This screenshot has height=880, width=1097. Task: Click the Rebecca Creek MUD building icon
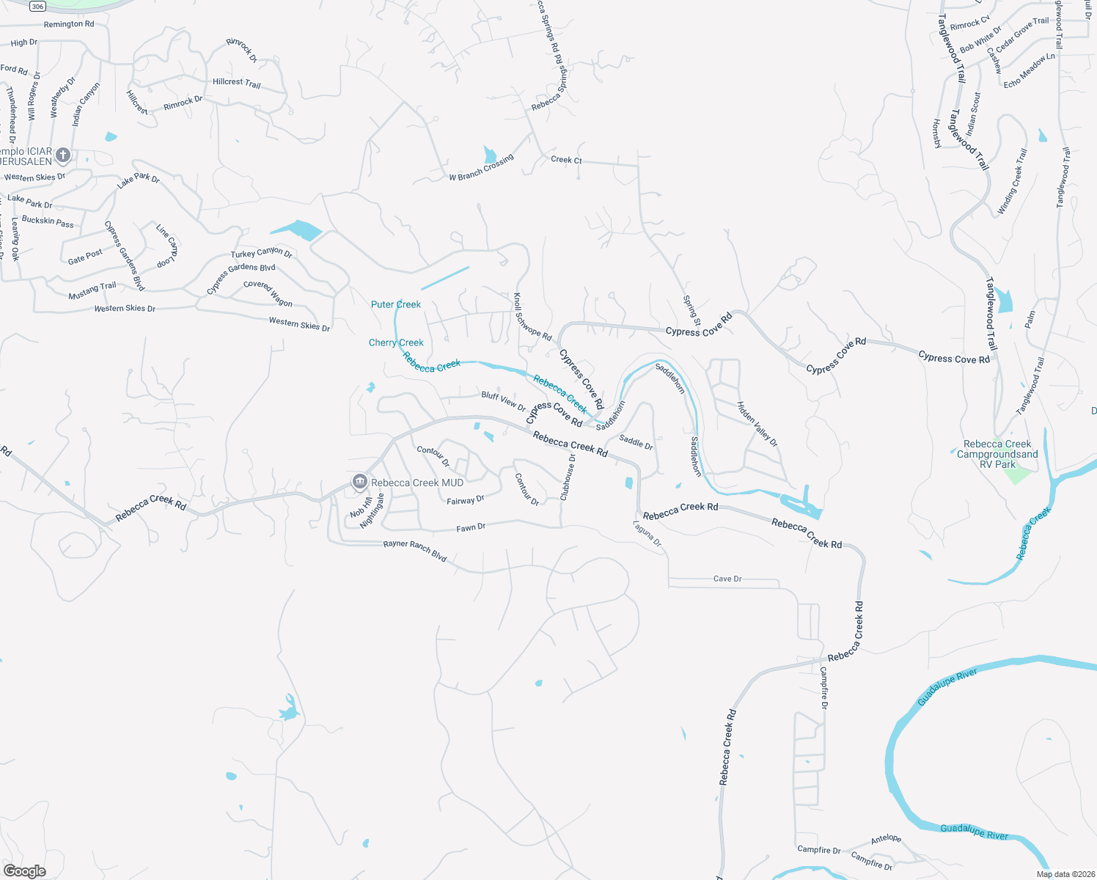click(x=359, y=482)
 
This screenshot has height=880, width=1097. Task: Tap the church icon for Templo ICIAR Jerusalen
click(x=64, y=155)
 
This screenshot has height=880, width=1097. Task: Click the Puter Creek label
click(x=396, y=304)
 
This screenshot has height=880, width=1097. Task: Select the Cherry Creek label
click(x=396, y=342)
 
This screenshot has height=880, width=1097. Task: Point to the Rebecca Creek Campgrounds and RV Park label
click(x=997, y=454)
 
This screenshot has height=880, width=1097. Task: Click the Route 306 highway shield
click(x=38, y=6)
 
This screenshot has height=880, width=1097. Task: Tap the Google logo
click(x=25, y=871)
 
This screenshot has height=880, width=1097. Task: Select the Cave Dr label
click(x=727, y=579)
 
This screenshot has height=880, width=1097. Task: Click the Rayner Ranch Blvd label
click(x=415, y=551)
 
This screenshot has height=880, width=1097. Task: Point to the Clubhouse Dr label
click(x=568, y=477)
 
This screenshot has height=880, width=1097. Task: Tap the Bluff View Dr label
click(x=504, y=400)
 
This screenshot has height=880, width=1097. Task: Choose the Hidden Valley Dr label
click(x=757, y=424)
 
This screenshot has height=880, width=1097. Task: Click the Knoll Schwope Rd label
click(x=532, y=317)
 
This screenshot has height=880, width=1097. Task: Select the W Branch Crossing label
click(x=481, y=168)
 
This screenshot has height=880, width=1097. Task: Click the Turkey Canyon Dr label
click(x=262, y=253)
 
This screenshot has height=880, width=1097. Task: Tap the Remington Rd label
click(x=69, y=24)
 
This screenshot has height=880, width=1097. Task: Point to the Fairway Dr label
click(x=466, y=501)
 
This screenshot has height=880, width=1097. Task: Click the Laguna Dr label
click(x=648, y=534)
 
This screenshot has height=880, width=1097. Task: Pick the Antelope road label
click(x=886, y=839)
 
